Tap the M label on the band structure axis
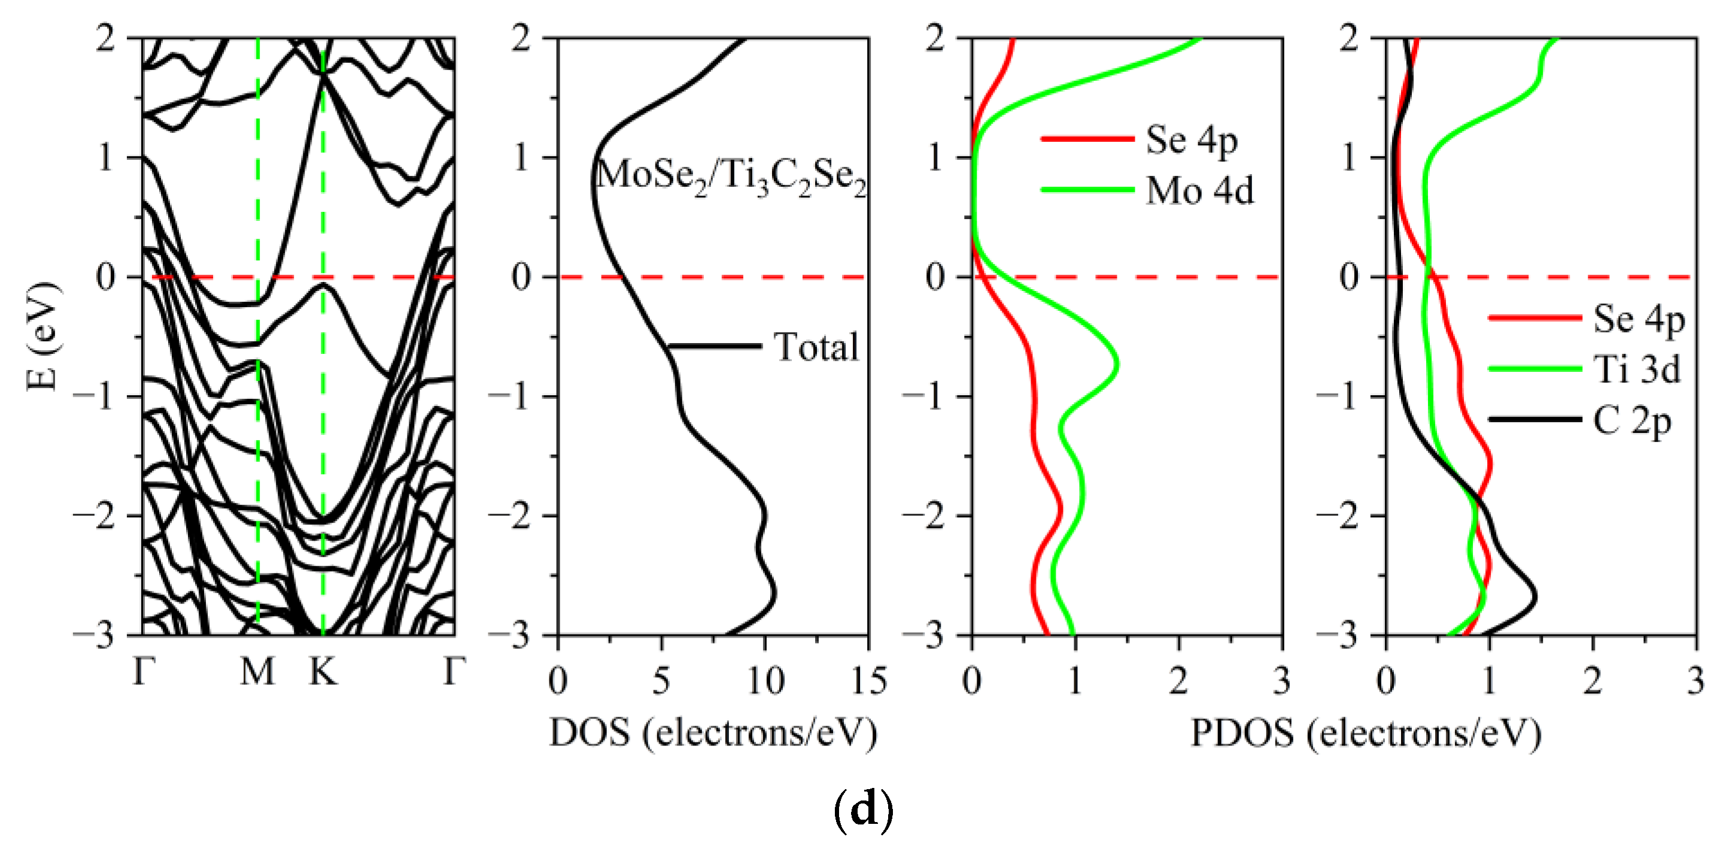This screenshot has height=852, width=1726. [257, 671]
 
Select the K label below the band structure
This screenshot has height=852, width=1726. [323, 671]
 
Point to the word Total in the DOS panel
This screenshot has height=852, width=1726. [816, 347]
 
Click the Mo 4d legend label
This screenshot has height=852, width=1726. [1199, 191]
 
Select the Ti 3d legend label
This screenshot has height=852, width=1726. [1637, 369]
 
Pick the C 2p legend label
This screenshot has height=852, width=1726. [1631, 422]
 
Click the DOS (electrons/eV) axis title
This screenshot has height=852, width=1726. [713, 733]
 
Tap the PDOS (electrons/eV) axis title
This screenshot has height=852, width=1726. [1366, 733]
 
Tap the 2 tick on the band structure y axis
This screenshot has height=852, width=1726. [106, 39]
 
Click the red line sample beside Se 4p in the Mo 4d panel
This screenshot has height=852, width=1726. [1087, 140]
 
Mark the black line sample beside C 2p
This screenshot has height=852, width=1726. [1534, 420]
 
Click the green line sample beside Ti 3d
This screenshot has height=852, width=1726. [1534, 369]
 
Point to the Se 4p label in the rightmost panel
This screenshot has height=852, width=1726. [1638, 319]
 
